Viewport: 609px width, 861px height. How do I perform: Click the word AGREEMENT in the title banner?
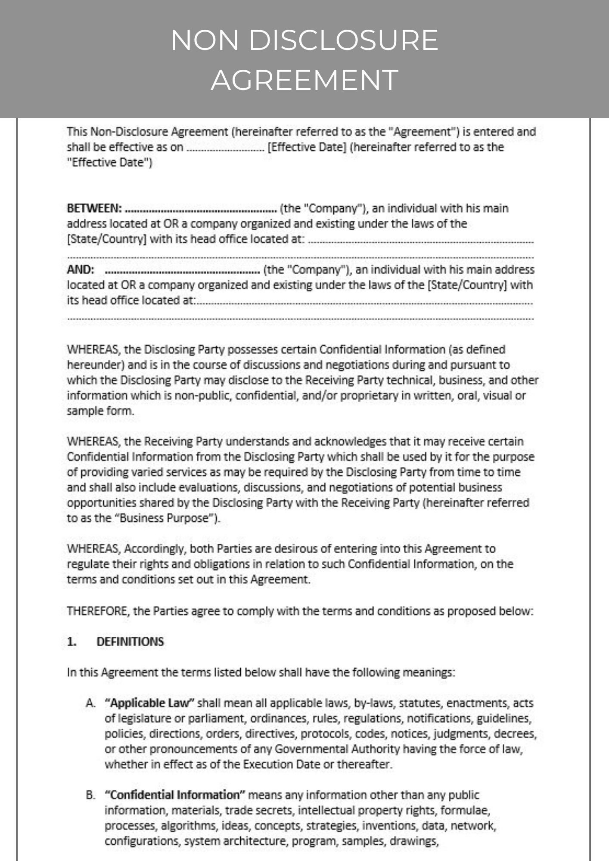click(x=304, y=80)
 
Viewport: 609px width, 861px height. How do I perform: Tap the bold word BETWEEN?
click(x=94, y=208)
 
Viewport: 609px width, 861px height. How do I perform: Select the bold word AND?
click(x=81, y=270)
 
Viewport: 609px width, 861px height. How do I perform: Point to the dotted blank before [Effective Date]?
click(x=226, y=149)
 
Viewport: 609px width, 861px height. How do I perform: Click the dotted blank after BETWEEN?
click(x=200, y=211)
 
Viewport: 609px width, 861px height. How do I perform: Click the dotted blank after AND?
click(x=182, y=272)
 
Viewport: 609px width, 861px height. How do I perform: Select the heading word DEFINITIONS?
click(x=130, y=642)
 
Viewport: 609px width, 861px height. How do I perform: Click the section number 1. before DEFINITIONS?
click(x=71, y=642)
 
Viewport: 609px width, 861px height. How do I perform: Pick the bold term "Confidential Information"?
click(x=175, y=795)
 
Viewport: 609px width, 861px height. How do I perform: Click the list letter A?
click(x=90, y=703)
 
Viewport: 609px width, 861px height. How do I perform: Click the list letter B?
click(x=90, y=795)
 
